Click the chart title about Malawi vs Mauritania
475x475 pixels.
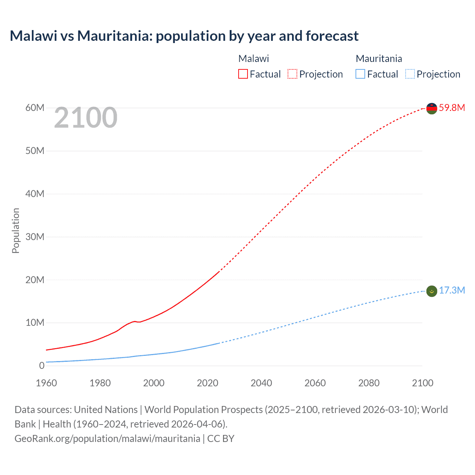pos(184,36)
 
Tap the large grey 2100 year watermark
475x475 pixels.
pos(86,118)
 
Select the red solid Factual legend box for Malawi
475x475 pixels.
pos(243,74)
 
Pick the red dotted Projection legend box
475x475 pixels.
pos(292,74)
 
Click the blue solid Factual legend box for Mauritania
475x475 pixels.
pos(360,74)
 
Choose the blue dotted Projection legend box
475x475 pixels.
pos(410,74)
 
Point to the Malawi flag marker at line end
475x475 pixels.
pos(432,108)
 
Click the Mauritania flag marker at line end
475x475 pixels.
pos(432,291)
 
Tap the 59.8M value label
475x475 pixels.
pos(452,108)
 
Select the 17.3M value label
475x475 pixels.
pos(452,290)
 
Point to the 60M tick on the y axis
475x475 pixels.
pos(35,108)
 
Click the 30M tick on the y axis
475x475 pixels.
pos(35,237)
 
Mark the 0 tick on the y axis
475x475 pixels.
pos(42,366)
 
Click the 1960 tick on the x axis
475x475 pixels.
pos(46,383)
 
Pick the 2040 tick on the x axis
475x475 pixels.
pos(261,383)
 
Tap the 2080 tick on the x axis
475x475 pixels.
pos(369,383)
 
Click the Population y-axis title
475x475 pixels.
pos(16,230)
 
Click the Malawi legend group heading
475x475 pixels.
pos(253,59)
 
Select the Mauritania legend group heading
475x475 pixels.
pos(379,59)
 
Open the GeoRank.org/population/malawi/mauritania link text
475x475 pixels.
pos(107,439)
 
